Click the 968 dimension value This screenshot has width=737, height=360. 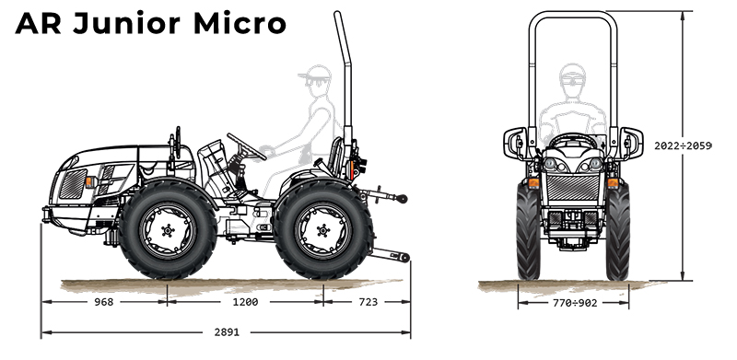point(104,302)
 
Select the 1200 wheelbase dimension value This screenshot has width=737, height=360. point(245,302)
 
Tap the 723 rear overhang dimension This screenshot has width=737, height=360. point(368,302)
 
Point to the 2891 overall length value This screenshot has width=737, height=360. point(227,332)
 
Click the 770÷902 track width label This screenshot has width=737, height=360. point(575,303)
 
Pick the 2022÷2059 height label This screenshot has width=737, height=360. point(683,145)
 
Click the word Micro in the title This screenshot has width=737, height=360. point(240,23)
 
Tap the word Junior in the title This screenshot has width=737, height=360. point(126,23)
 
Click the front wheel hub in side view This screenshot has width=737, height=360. point(168,230)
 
